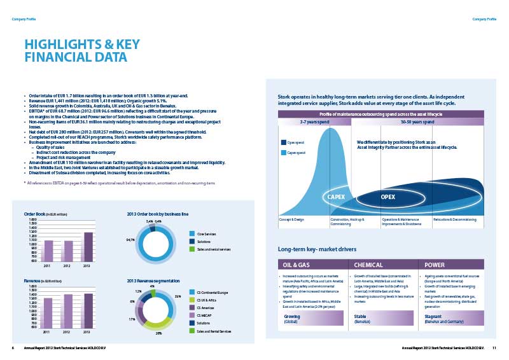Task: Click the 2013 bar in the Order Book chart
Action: click(x=88, y=246)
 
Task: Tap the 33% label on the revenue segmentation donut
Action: click(x=178, y=296)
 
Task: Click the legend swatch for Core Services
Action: click(x=192, y=235)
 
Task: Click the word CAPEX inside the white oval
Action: click(x=336, y=197)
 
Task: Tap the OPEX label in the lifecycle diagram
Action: click(x=388, y=197)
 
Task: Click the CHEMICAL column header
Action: click(x=368, y=265)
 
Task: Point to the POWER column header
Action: click(x=435, y=265)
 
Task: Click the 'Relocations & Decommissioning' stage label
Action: click(x=455, y=219)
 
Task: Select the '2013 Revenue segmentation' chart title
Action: click(x=153, y=280)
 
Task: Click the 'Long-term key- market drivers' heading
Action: click(x=317, y=249)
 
